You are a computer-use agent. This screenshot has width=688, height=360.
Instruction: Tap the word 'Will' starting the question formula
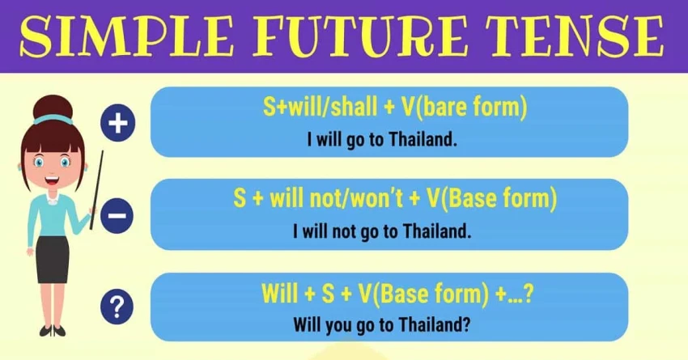pos(281,293)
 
